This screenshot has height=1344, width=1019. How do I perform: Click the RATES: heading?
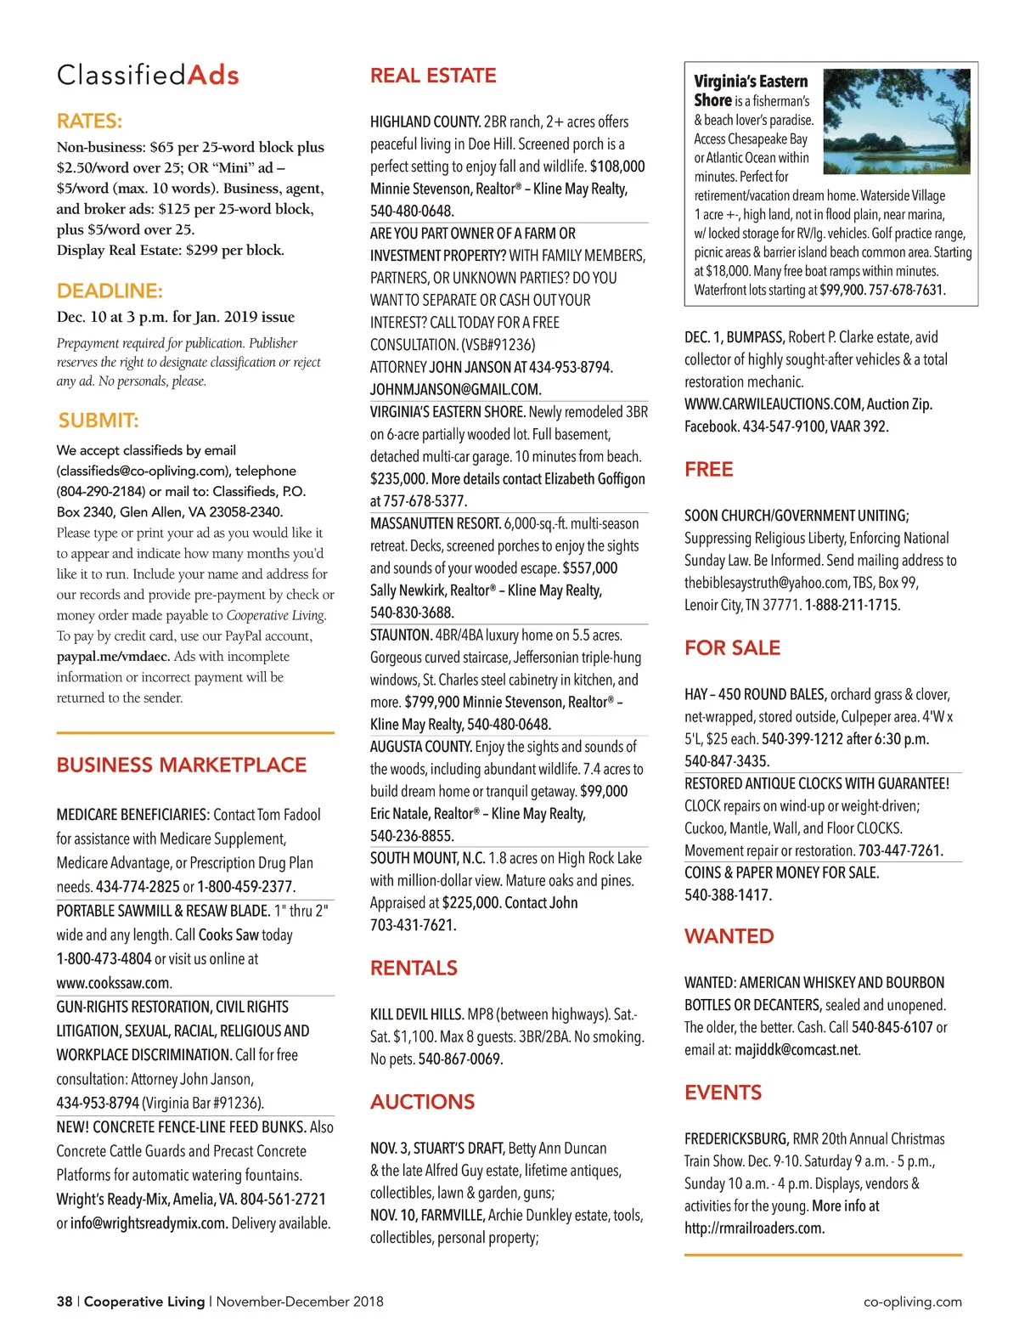[x=89, y=121]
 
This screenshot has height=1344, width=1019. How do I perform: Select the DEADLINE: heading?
[x=110, y=291]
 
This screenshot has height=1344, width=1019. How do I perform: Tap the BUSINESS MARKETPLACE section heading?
[x=181, y=765]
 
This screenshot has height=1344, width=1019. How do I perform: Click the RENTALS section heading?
[x=414, y=968]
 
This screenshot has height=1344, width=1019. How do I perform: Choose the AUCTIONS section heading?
[x=422, y=1102]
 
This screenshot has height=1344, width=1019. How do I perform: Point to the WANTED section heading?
[x=729, y=936]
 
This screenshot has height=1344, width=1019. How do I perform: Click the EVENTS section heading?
[x=723, y=1093]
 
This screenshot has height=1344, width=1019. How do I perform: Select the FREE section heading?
[x=708, y=469]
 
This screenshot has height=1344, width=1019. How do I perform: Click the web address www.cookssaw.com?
[x=113, y=983]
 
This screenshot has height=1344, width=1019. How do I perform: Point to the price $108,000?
[x=617, y=167]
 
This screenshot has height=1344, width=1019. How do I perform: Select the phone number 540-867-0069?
[x=460, y=1059]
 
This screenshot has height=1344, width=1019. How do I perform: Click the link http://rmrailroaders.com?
[x=753, y=1228]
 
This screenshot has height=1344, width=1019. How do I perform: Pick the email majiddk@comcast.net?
[x=797, y=1050]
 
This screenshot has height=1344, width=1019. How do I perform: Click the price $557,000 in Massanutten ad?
[x=589, y=568]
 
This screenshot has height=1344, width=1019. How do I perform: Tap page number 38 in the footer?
[x=65, y=1302]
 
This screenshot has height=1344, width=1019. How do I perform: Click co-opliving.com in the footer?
[x=912, y=1302]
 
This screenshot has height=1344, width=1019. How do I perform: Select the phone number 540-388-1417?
[x=728, y=895]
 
